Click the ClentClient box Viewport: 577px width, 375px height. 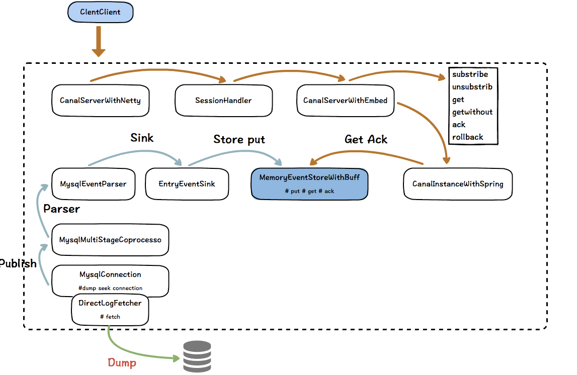point(101,12)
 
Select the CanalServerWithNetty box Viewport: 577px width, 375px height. point(101,101)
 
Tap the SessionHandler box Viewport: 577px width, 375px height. point(224,101)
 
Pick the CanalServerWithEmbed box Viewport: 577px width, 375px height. point(346,101)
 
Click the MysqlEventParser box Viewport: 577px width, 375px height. point(94,184)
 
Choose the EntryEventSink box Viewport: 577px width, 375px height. point(187,184)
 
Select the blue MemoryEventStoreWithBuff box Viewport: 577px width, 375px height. point(309,184)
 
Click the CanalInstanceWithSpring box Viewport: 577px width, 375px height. point(458,184)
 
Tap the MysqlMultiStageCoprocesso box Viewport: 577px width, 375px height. point(110,240)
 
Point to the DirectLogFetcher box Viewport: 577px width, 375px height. point(110,310)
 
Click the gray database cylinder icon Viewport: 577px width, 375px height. point(197,356)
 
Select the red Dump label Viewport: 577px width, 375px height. point(122,363)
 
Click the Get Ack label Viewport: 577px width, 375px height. point(366,139)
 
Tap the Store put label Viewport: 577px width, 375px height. point(239,140)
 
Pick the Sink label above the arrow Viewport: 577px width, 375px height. point(142,138)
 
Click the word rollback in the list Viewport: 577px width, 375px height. point(468,137)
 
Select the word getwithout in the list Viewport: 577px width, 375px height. point(472,112)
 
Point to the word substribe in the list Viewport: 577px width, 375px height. point(470,74)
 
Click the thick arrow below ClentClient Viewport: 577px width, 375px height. point(99,42)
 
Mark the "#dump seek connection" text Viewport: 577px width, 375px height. point(110,288)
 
